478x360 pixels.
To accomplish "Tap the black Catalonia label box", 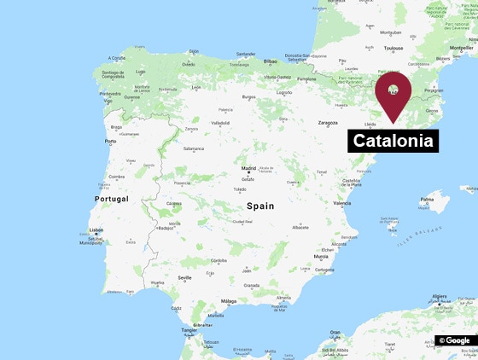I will (x=393, y=140).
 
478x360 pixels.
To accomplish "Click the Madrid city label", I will (x=248, y=169).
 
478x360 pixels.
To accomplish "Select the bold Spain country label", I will (x=260, y=206).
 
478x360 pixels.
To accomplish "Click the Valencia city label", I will (x=342, y=203).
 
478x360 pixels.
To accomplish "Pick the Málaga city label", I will (x=229, y=301).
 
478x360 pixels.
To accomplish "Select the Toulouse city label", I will (x=393, y=49).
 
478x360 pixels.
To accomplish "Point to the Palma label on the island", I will (x=426, y=200).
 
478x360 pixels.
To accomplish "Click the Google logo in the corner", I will (x=456, y=340).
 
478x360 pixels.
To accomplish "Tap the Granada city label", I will (x=251, y=285).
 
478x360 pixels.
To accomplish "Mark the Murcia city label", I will (x=321, y=256).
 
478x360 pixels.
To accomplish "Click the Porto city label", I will (x=110, y=142).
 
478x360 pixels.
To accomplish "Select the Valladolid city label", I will (x=220, y=123).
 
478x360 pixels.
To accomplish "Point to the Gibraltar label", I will (x=202, y=325).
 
